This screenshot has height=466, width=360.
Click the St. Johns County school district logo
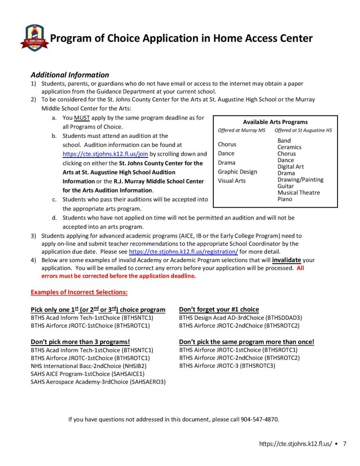(35, 38)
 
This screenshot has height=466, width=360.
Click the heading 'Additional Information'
(69, 75)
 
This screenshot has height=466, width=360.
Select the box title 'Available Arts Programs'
(275, 122)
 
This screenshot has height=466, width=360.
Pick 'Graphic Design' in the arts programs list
(237, 172)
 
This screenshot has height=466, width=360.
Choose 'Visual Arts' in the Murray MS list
(232, 180)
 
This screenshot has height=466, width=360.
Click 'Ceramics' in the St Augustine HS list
(289, 147)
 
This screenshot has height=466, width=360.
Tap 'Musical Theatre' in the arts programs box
(299, 193)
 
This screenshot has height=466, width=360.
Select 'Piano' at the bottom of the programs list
(285, 199)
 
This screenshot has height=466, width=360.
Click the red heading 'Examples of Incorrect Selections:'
(79, 293)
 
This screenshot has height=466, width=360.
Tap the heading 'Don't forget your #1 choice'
(219, 309)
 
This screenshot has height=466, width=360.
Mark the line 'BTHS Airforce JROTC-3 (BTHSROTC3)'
(227, 366)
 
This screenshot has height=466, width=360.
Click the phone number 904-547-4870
(260, 419)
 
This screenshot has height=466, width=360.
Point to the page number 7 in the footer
(345, 443)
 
